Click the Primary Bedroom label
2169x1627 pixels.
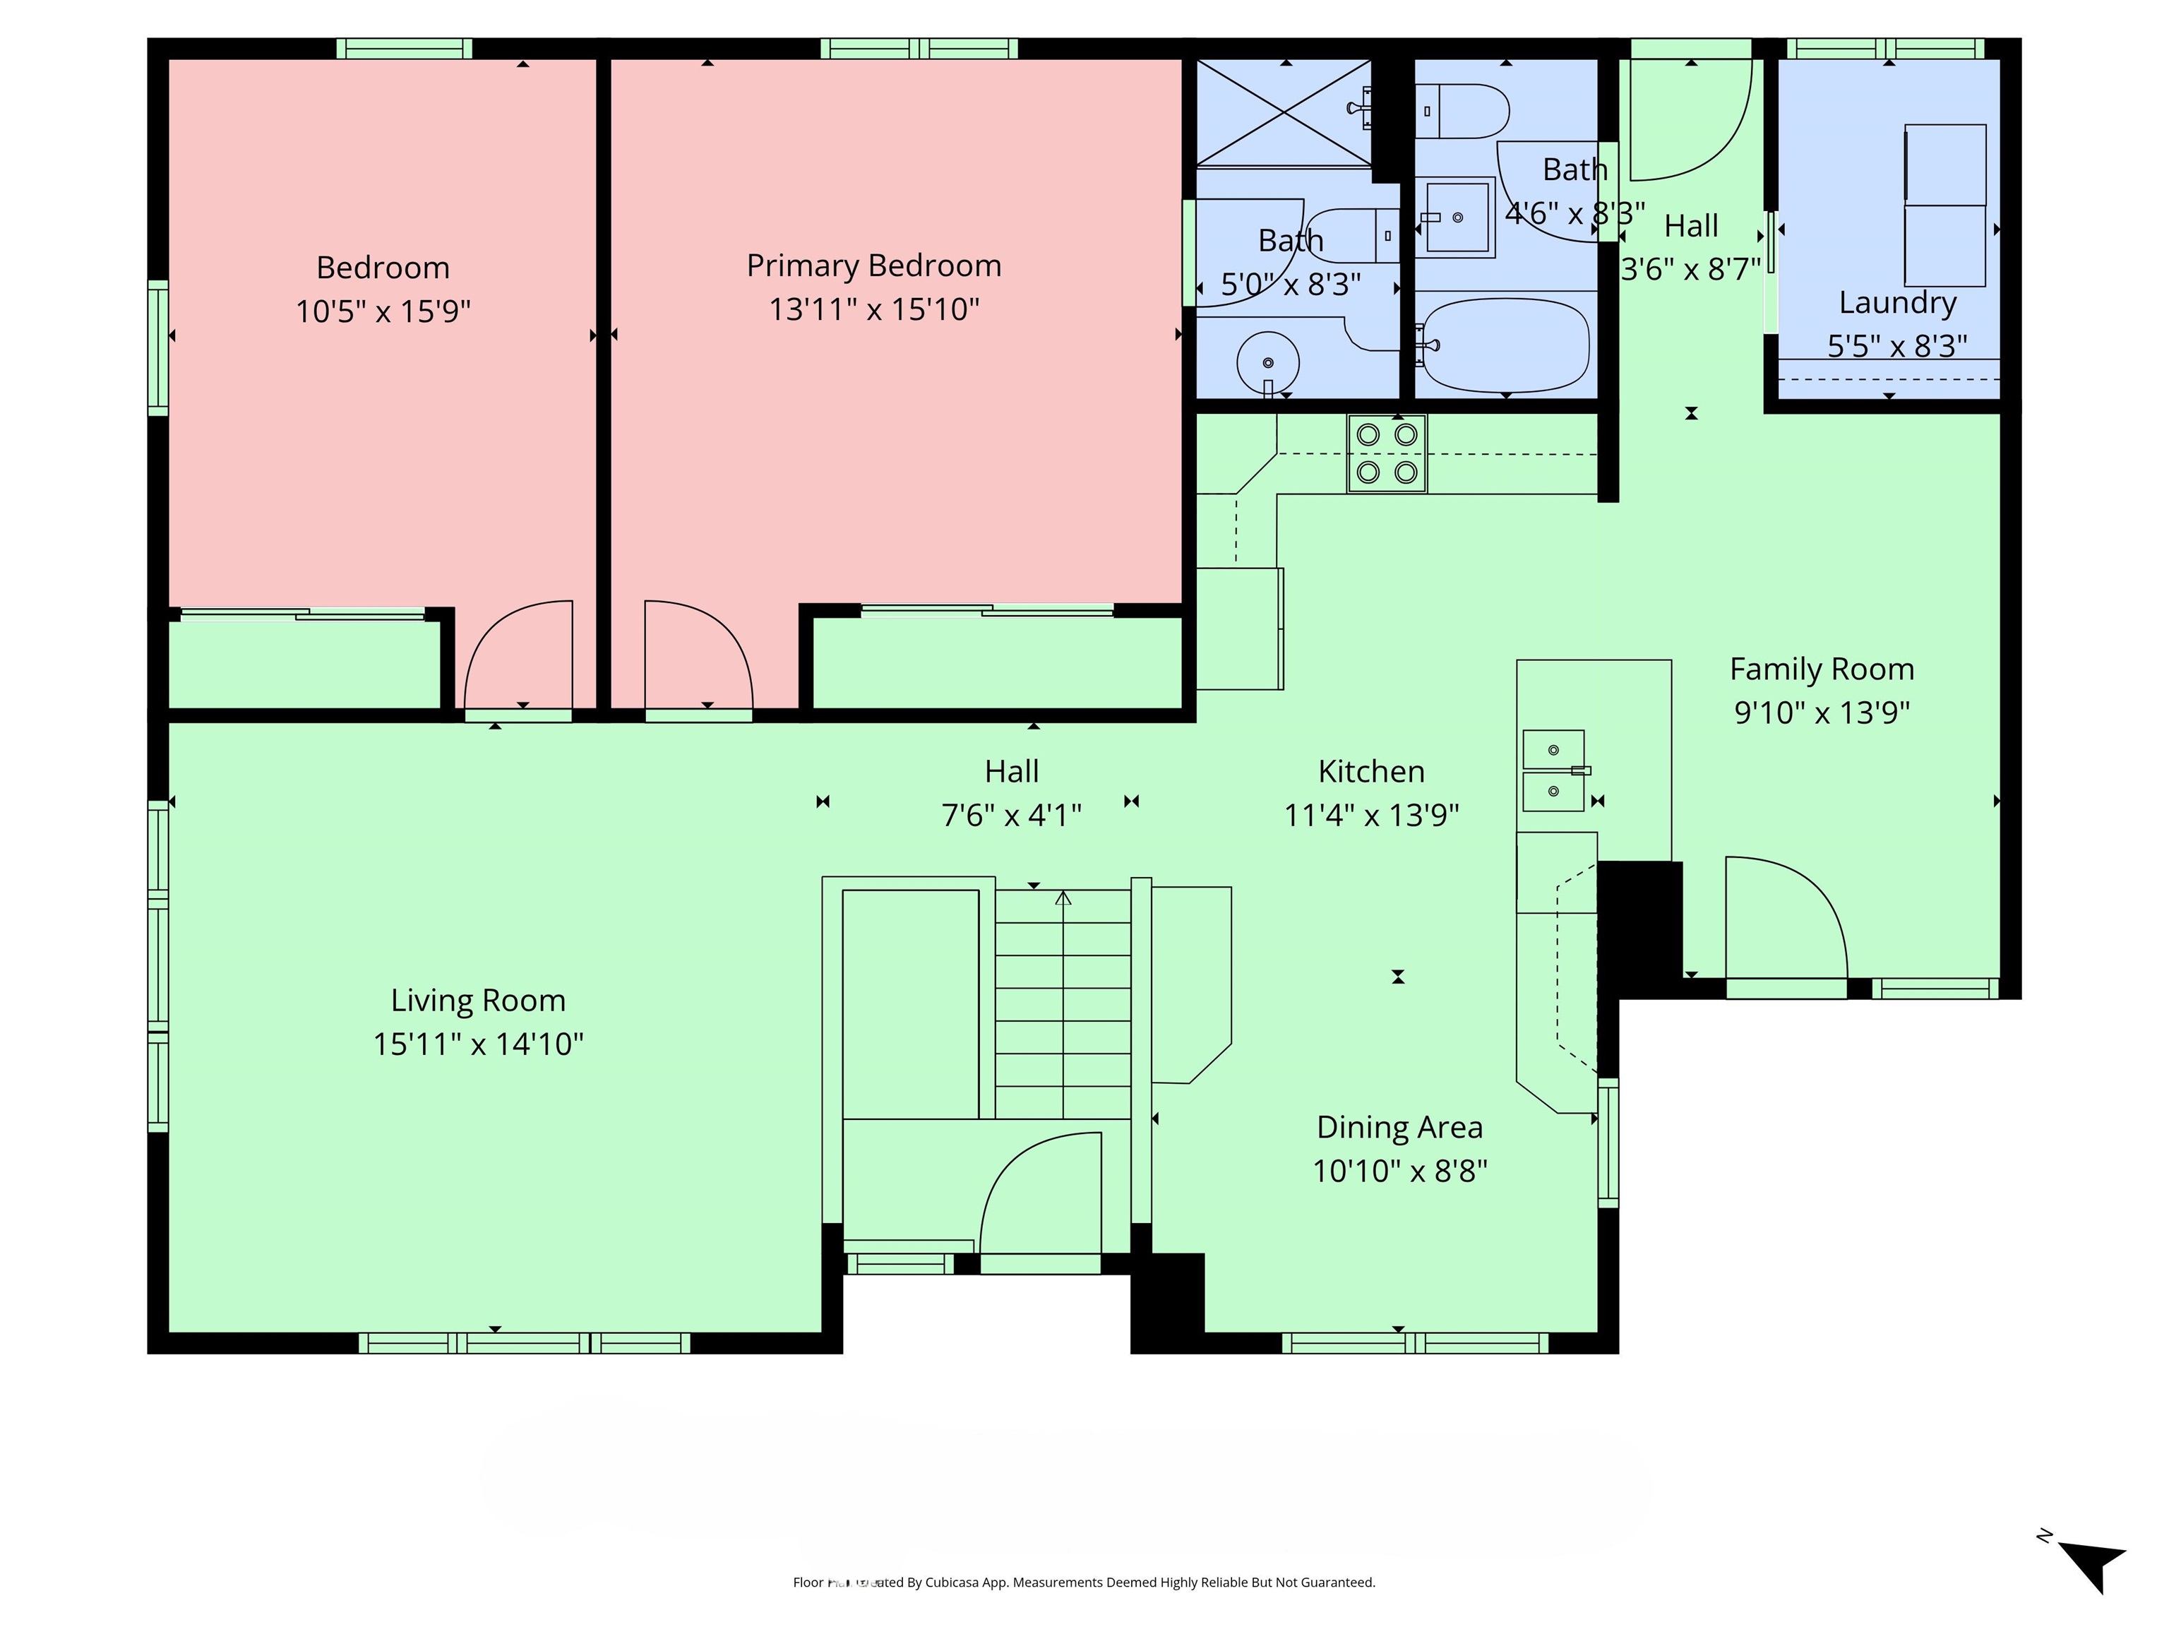(873, 266)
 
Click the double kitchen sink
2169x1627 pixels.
(1553, 771)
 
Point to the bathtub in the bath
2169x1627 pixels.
(1505, 343)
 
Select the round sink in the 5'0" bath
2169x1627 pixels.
(1268, 363)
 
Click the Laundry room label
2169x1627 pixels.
(1896, 303)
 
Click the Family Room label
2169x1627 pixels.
(1821, 669)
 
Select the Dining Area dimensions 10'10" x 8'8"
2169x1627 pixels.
(1399, 1171)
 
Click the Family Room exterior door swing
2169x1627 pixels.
(1785, 917)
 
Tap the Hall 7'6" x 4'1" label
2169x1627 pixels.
(1011, 772)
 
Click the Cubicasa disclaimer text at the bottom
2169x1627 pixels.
(1084, 1582)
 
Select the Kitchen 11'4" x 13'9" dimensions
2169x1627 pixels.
(1371, 815)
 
